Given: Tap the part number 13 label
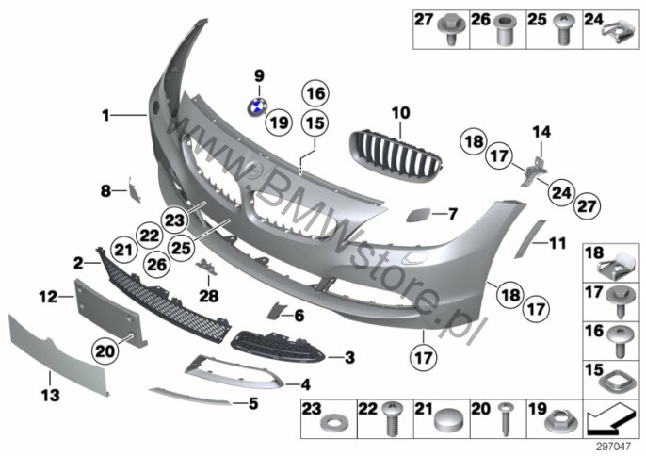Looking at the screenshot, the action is [50, 396].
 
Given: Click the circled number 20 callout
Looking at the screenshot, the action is [105, 351].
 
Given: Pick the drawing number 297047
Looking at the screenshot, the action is [614, 446].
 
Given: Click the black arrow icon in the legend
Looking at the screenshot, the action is [611, 419].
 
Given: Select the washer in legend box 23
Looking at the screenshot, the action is [334, 423].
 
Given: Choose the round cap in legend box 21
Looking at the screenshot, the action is [448, 421].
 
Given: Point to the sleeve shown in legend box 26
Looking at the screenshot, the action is [506, 30].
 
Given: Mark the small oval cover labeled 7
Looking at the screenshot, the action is [418, 215].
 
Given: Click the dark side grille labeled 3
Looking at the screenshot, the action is [279, 347].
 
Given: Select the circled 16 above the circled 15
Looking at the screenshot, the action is [315, 93].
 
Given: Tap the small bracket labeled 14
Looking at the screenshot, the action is [534, 171].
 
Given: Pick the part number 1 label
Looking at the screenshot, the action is [105, 116].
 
